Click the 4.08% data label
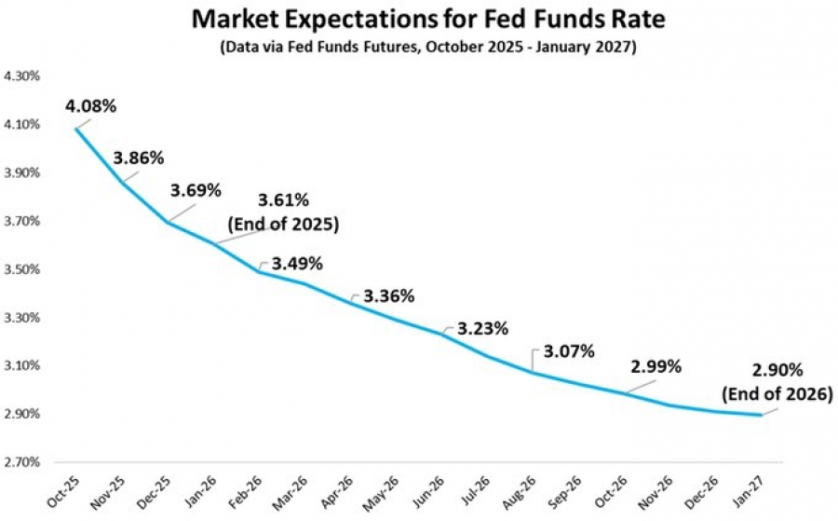pos(90,105)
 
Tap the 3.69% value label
pos(196,191)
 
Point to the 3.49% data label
pos(297,264)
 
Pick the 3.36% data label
pos(388,296)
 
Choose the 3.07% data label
pos(568,351)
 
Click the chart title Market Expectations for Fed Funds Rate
pos(419,19)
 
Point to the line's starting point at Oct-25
pos(75,128)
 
